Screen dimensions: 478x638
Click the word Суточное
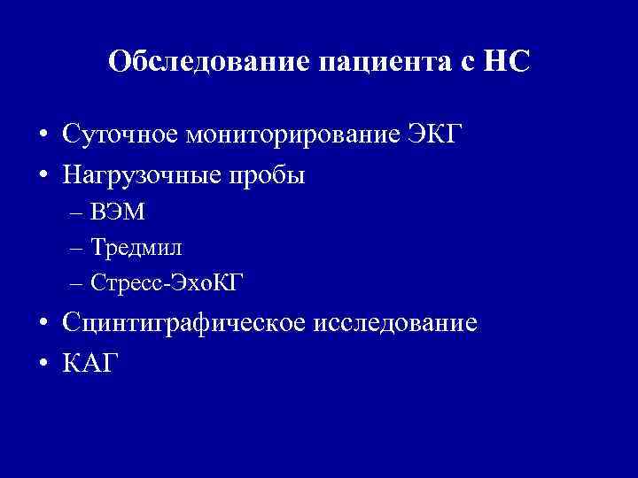(x=121, y=134)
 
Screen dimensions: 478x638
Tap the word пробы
(x=269, y=176)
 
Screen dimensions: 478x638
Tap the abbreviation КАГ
(x=89, y=363)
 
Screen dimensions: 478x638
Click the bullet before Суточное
(x=43, y=135)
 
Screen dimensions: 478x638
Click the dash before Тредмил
(x=74, y=248)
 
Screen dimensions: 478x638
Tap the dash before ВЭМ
(x=74, y=213)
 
